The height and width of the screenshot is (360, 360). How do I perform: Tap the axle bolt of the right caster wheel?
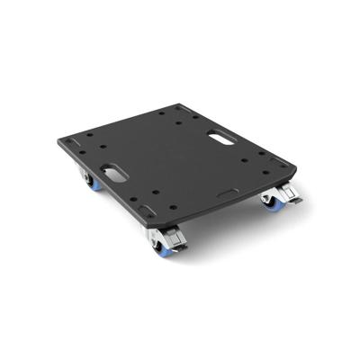coord(269,201)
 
